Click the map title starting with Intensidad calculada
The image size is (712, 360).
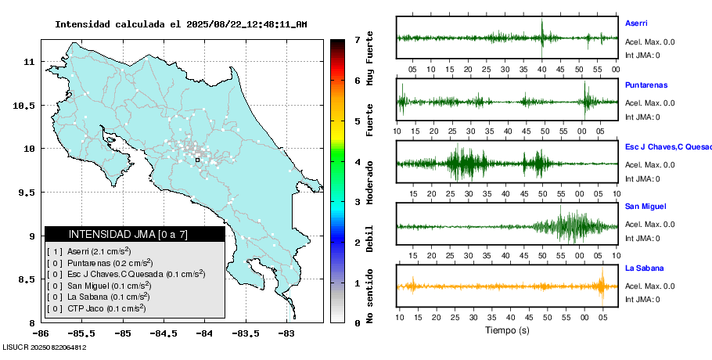pos(181,24)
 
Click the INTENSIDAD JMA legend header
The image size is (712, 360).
pos(135,234)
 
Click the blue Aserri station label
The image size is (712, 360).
pos(636,23)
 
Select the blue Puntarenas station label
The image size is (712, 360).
pos(645,85)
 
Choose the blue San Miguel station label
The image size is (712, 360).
pos(645,207)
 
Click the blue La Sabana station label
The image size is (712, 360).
pos(643,268)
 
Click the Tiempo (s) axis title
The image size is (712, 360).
pos(507,330)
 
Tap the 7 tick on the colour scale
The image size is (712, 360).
pos(356,39)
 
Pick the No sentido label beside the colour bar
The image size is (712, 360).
pos(369,297)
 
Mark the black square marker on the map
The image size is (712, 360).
pos(197,160)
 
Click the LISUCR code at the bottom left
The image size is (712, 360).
pos(44,347)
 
